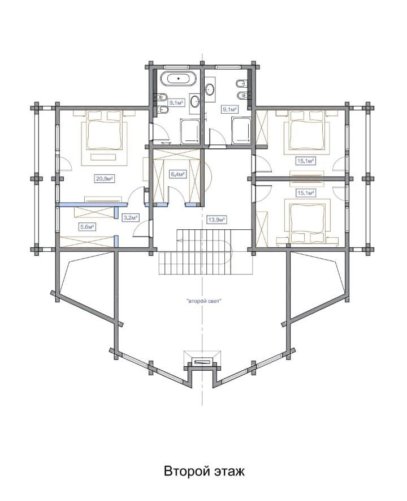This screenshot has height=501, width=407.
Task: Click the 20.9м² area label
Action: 105,179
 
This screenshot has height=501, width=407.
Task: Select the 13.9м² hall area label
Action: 217,220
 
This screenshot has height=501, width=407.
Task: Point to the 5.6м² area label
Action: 88,227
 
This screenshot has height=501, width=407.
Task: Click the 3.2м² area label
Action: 131,217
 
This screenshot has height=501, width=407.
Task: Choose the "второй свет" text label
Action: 203,301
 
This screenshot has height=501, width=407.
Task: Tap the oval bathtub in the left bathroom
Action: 178,79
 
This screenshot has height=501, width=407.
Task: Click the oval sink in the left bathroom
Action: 195,101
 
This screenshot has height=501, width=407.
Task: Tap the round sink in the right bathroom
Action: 210,89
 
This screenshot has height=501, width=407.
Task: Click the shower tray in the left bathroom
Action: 190,131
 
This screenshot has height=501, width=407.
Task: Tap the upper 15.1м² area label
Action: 306,161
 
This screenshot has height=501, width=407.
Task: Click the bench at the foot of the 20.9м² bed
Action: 103,157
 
